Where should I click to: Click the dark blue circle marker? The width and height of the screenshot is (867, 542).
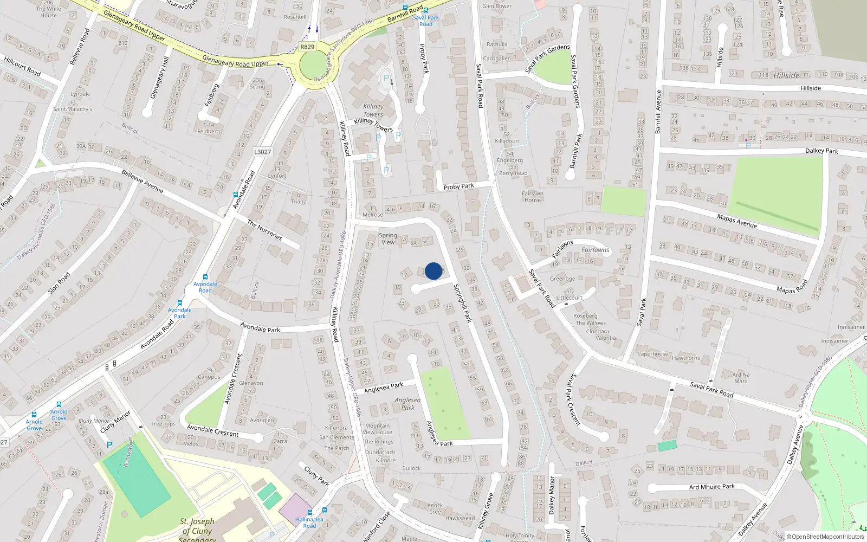click(x=433, y=271)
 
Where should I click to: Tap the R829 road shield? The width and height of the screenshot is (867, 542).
click(x=307, y=47)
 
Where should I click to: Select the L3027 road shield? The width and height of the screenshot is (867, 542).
click(x=262, y=152)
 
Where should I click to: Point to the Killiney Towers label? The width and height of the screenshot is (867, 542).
click(x=373, y=111)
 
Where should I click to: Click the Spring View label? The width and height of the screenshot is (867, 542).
click(x=388, y=238)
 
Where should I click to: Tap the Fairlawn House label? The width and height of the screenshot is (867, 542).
click(x=533, y=196)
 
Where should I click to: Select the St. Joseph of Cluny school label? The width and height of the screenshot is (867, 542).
click(x=197, y=529)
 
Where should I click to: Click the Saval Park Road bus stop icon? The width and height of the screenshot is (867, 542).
click(x=426, y=10)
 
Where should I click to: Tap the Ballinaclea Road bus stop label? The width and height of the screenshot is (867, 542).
click(x=309, y=522)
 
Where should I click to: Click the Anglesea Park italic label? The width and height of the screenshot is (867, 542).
click(x=407, y=404)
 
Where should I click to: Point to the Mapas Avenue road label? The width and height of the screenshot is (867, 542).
click(x=737, y=221)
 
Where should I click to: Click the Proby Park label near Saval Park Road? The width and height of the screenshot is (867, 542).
click(x=458, y=186)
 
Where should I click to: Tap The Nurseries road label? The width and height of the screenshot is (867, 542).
click(x=264, y=230)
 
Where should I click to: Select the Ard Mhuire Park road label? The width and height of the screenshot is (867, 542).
click(x=711, y=487)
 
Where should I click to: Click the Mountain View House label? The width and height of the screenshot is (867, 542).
click(x=377, y=429)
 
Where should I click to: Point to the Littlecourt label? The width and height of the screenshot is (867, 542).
click(x=569, y=298)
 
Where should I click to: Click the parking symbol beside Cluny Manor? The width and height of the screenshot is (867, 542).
click(x=109, y=445)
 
